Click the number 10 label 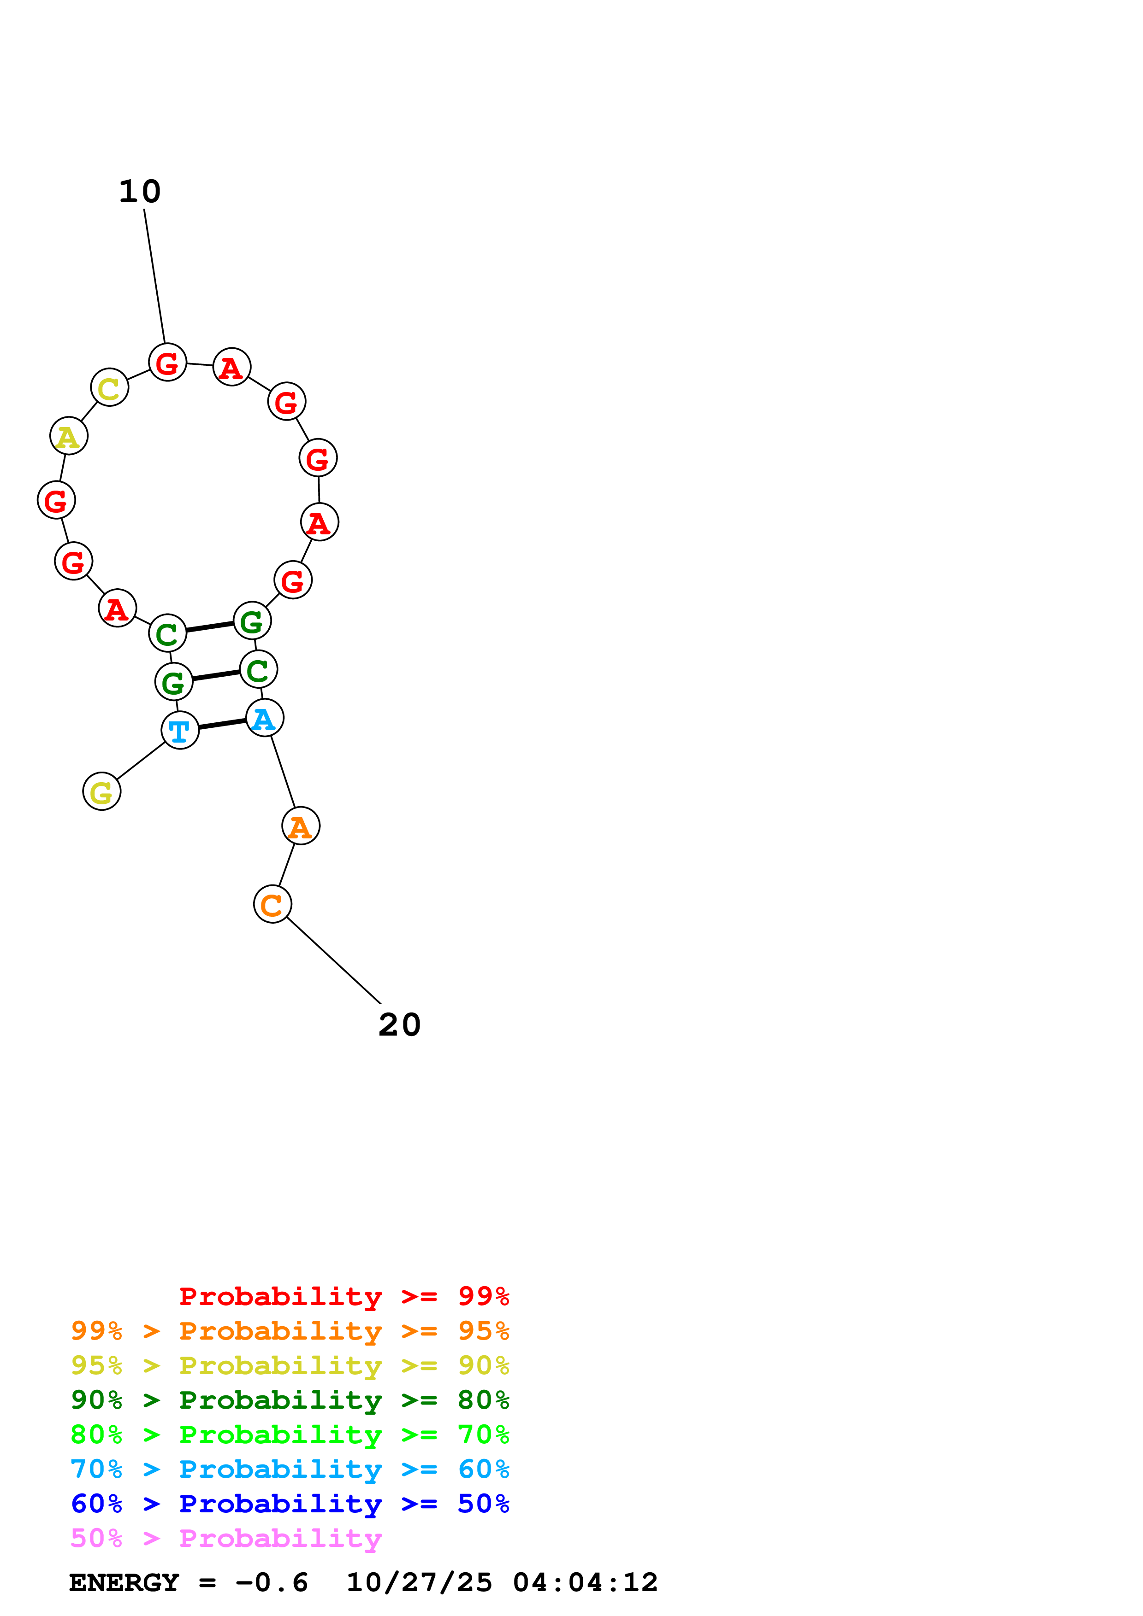(x=139, y=192)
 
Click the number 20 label (x=399, y=1025)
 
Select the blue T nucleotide (x=179, y=731)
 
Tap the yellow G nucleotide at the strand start (x=101, y=792)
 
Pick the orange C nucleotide (x=272, y=904)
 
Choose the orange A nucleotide (x=301, y=826)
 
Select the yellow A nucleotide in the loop (x=68, y=436)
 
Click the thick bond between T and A (x=222, y=724)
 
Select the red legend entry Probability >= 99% (x=343, y=1296)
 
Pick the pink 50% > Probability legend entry (x=226, y=1539)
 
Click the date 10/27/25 (x=419, y=1583)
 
